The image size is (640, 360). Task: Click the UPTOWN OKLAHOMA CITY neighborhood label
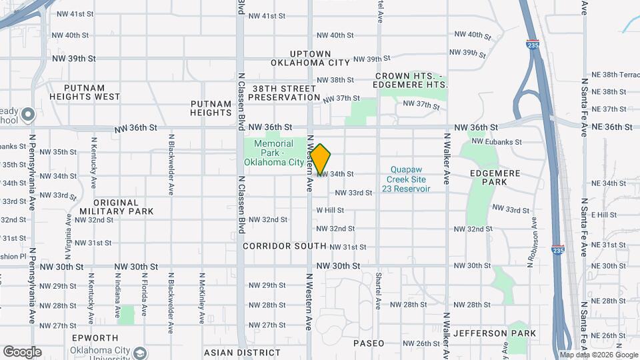pyautogui.click(x=310, y=58)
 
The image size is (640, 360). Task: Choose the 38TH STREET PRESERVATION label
pyautogui.click(x=284, y=93)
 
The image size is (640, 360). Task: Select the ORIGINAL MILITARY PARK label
pyautogui.click(x=115, y=207)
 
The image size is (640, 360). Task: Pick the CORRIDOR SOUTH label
pyautogui.click(x=276, y=246)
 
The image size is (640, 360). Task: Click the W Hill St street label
pyautogui.click(x=330, y=210)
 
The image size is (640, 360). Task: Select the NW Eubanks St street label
pyautogui.click(x=496, y=142)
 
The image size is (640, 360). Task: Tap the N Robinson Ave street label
pyautogui.click(x=533, y=241)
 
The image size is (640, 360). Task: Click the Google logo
pyautogui.click(x=22, y=351)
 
